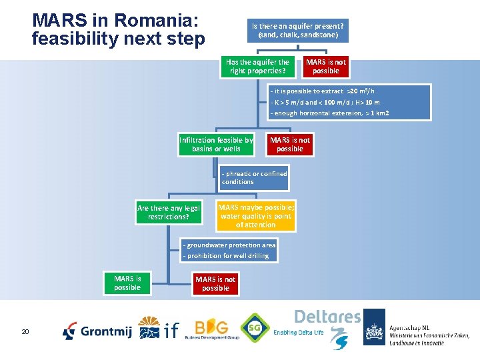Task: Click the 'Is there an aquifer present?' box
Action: pyautogui.click(x=297, y=30)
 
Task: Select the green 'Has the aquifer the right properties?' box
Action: pyautogui.click(x=257, y=67)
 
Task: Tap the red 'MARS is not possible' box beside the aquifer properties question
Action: pyautogui.click(x=325, y=67)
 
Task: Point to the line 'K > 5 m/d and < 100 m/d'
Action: pyautogui.click(x=325, y=102)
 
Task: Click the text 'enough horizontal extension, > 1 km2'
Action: pyautogui.click(x=329, y=113)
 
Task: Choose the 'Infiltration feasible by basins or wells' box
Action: pyautogui.click(x=216, y=145)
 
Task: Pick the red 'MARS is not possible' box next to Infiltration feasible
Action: pyautogui.click(x=289, y=145)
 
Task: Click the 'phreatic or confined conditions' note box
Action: pyautogui.click(x=255, y=178)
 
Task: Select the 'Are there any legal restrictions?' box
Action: pyautogui.click(x=168, y=213)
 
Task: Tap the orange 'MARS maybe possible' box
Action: pyautogui.click(x=255, y=216)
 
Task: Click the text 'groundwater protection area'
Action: pyautogui.click(x=229, y=245)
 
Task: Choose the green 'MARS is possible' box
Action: pyautogui.click(x=127, y=283)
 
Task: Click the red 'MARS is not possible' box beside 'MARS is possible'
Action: pyautogui.click(x=215, y=284)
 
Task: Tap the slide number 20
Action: pyautogui.click(x=25, y=331)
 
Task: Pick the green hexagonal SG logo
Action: pyautogui.click(x=255, y=328)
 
